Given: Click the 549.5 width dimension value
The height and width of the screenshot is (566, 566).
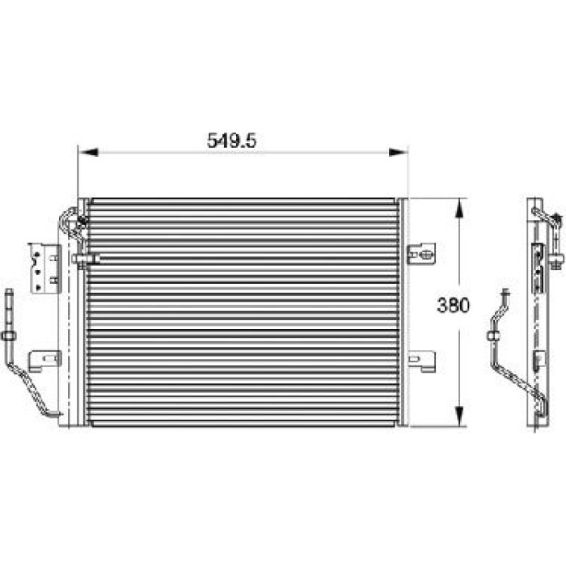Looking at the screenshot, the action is (x=231, y=141).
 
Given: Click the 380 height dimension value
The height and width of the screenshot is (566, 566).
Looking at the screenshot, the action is (x=454, y=306).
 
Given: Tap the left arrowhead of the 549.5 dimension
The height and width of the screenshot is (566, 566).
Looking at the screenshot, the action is (x=88, y=152).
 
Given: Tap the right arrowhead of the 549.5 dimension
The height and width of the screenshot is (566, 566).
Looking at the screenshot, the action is (x=398, y=152).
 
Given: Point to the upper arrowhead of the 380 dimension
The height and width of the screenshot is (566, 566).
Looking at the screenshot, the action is (x=458, y=209).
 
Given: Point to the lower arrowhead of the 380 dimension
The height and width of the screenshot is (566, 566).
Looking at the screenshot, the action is (x=458, y=416).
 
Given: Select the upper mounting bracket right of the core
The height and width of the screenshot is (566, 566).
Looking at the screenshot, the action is (x=421, y=254).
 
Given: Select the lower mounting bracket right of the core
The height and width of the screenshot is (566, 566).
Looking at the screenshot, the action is (x=421, y=361).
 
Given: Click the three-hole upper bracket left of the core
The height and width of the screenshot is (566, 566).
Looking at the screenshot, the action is (x=44, y=268).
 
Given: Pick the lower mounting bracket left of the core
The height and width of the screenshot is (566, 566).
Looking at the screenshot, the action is (x=44, y=361).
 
